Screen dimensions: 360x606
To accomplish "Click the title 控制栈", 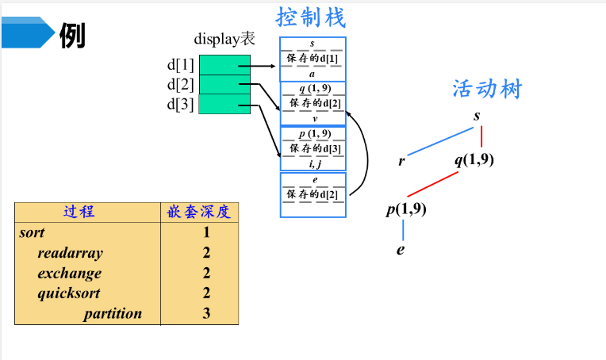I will pyautogui.click(x=311, y=17).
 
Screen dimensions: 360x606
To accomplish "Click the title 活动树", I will pyautogui.click(x=487, y=88).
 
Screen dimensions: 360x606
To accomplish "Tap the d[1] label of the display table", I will pyautogui.click(x=180, y=64).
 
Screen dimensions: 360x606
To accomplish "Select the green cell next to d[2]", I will pyautogui.click(x=224, y=84).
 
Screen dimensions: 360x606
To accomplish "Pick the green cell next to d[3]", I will pyautogui.click(x=224, y=104).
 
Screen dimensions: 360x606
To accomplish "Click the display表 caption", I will pyautogui.click(x=224, y=39).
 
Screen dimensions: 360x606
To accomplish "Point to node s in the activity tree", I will pyautogui.click(x=477, y=116).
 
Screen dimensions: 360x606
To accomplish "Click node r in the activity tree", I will pyautogui.click(x=402, y=161).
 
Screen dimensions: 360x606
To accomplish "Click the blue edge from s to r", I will pyautogui.click(x=440, y=138).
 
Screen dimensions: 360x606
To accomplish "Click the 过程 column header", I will pyautogui.click(x=79, y=212).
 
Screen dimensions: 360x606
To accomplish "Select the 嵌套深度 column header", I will pyautogui.click(x=198, y=212).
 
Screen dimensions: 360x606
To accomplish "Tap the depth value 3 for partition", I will pyautogui.click(x=206, y=313).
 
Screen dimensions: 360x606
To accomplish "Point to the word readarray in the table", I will pyautogui.click(x=70, y=253).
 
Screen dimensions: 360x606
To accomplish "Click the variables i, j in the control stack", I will pyautogui.click(x=314, y=164).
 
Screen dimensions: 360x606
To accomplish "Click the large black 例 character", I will pyautogui.click(x=73, y=34).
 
